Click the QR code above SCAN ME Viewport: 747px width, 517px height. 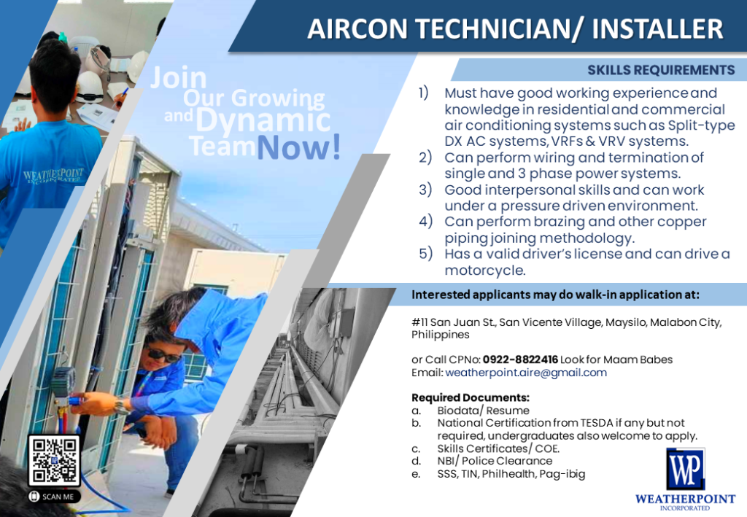tap(54, 460)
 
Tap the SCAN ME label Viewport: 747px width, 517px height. tap(54, 497)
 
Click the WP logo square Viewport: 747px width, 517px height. tap(686, 469)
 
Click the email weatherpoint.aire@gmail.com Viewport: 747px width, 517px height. tap(526, 373)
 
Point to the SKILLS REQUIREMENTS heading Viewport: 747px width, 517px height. tap(661, 70)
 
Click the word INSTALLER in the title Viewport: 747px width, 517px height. tap(657, 28)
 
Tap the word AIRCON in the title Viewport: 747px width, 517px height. tap(357, 28)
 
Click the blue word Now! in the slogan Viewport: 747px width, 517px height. tap(299, 147)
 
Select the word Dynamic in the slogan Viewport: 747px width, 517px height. tap(263, 119)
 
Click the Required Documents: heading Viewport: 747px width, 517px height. tap(471, 397)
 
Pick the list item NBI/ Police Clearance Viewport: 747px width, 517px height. tap(495, 461)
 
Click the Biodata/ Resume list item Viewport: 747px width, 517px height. tap(483, 411)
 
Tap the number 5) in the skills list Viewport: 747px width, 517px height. tap(426, 253)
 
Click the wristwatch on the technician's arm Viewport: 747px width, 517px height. tap(121, 407)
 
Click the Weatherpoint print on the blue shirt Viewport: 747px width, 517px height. tap(53, 176)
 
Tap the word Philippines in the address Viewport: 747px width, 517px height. tap(440, 335)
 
